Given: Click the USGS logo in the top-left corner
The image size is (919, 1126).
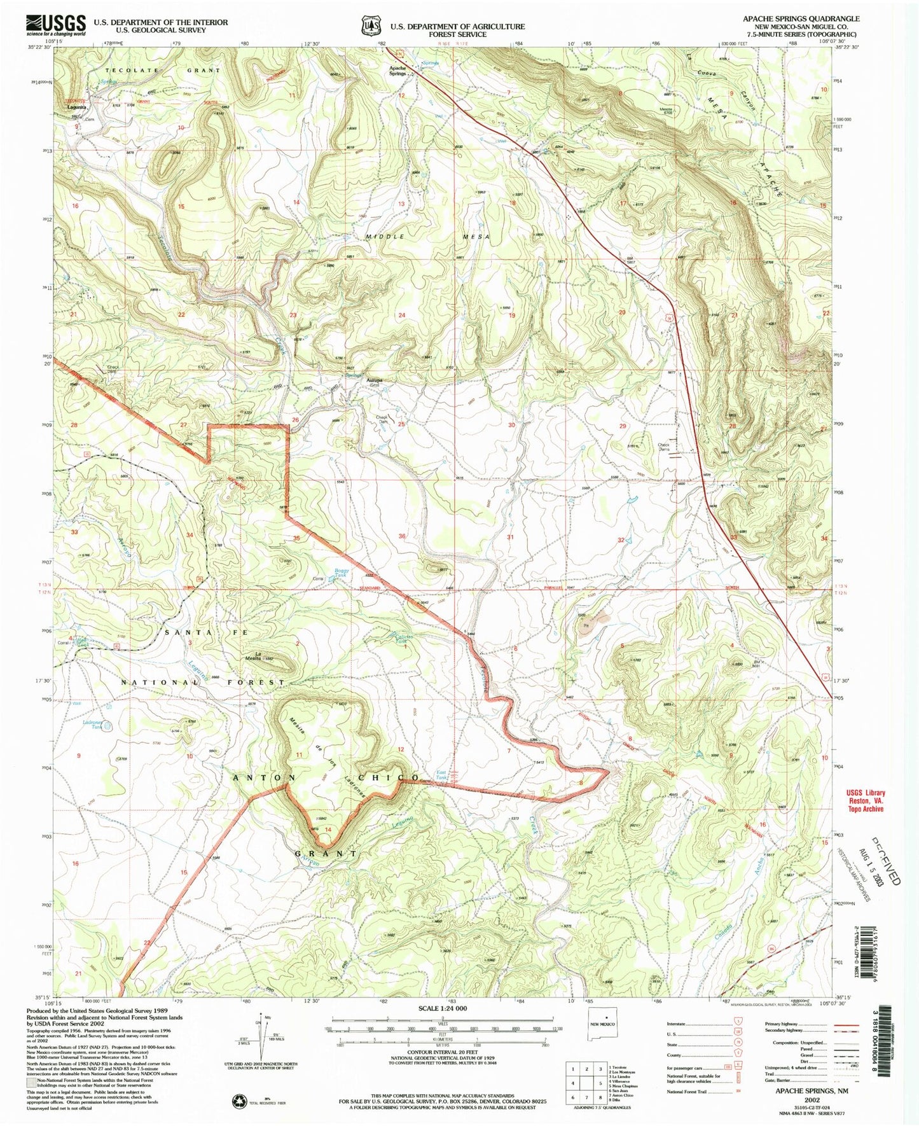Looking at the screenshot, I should click(55, 24).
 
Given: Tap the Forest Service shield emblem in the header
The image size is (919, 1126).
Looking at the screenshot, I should click(371, 25).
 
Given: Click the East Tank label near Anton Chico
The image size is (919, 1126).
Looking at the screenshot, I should click(442, 776).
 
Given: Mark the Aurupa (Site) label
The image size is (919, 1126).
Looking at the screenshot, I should click(374, 384).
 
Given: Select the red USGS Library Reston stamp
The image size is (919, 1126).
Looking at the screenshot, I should click(865, 801).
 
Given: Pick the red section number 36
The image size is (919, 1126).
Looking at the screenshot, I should click(402, 536).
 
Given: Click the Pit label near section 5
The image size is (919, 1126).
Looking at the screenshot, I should click(584, 626).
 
